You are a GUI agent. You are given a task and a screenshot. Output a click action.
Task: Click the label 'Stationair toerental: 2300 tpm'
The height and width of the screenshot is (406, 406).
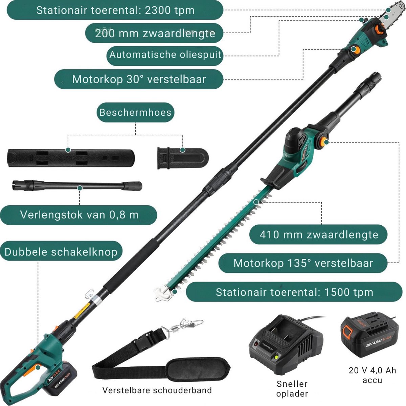115,10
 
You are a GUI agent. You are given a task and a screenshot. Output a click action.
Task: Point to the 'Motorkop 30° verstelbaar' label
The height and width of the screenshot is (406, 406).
139,79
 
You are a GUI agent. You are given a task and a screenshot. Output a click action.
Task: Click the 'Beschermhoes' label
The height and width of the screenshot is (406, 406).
135,112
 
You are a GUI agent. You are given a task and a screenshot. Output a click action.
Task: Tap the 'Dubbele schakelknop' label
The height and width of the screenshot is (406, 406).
61,252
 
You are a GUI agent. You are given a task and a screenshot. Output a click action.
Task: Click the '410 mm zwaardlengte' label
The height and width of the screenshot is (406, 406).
318,234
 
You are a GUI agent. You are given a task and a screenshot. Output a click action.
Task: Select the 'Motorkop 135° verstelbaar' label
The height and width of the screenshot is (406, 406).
303,263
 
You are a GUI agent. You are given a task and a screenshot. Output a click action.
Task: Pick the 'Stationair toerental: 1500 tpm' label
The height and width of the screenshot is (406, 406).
294,292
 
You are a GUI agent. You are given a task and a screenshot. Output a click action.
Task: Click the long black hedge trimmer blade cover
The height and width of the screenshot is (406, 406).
71,158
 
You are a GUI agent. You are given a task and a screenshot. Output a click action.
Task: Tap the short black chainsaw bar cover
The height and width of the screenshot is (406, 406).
183,158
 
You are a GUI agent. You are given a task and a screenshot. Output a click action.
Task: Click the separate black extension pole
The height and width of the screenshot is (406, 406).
77,185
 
